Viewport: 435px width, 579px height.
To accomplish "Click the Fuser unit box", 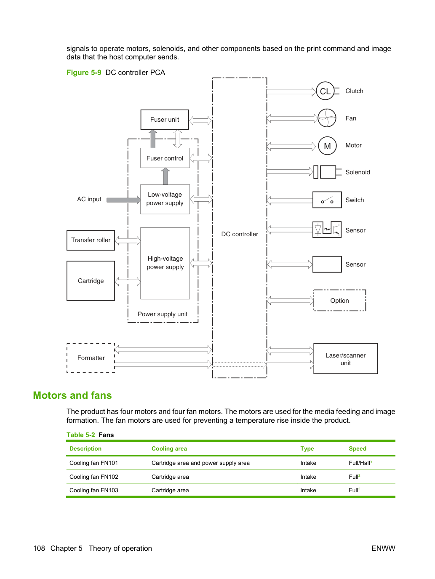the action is tap(165, 120).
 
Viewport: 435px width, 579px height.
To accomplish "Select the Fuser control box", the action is tap(165, 158).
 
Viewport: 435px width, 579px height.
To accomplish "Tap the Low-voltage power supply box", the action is tap(165, 199).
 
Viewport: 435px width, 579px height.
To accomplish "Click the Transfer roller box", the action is tap(91, 240).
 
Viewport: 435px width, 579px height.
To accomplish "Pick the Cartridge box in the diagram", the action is tap(91, 281).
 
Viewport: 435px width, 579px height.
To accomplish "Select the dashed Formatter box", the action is tap(91, 358).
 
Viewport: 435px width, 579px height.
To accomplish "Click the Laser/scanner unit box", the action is tap(346, 358).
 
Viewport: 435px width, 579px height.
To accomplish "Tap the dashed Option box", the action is tap(340, 300).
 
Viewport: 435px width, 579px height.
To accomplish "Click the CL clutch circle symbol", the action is tap(325, 91).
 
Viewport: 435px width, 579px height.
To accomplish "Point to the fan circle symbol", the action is tap(327, 118).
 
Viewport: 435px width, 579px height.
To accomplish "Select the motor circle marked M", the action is tap(327, 146).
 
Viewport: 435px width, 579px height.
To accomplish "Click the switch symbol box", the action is tap(327, 200).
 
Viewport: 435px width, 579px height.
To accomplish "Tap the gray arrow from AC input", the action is tap(123, 200).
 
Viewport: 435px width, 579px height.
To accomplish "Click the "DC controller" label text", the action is tap(240, 234).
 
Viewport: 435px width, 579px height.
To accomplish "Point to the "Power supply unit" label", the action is tap(163, 314).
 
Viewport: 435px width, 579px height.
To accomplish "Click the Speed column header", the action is tap(358, 448).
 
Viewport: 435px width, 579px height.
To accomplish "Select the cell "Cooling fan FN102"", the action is tap(93, 477).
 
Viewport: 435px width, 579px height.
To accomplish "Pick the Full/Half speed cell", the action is tap(360, 463).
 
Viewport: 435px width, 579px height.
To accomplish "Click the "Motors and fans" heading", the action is tap(72, 395).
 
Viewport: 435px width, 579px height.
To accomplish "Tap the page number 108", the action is tap(39, 548).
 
